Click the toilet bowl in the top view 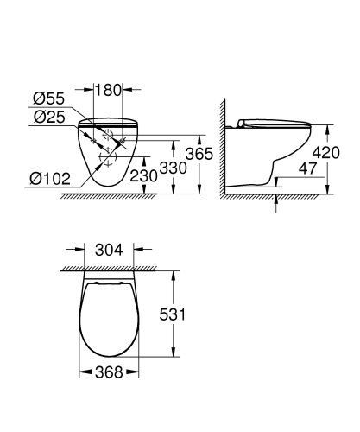108,320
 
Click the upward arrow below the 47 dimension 276,202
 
